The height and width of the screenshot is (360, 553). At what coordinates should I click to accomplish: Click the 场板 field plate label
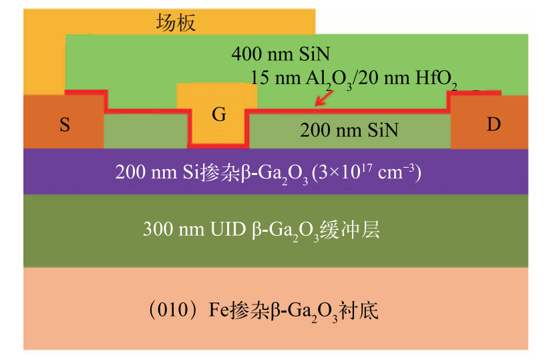click(176, 24)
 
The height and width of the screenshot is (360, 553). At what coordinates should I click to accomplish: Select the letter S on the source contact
click(65, 125)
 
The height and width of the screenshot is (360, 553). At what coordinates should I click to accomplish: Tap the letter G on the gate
click(218, 114)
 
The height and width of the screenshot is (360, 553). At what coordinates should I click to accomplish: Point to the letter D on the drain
click(493, 125)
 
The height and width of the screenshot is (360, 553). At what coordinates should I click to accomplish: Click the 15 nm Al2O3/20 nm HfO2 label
click(354, 78)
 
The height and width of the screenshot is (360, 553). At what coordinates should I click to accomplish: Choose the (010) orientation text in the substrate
click(166, 311)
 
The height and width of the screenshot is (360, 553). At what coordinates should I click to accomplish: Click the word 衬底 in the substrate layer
click(365, 311)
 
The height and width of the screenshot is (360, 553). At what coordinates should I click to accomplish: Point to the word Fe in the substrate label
click(208, 311)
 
